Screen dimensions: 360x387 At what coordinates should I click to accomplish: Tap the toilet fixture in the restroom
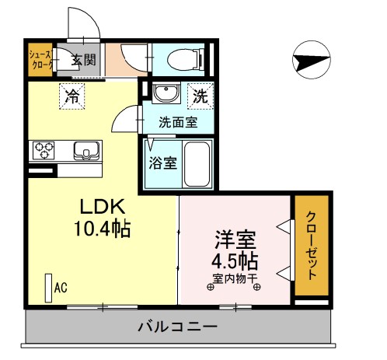184,59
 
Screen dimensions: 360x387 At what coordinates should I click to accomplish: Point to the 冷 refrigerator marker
72,97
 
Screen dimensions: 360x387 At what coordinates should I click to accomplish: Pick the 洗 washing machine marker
200,97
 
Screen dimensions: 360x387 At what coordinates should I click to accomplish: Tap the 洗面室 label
178,122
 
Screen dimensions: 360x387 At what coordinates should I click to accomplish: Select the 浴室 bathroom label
162,164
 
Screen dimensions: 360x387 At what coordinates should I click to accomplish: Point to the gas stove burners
42,149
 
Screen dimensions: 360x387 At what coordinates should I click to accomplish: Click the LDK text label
100,208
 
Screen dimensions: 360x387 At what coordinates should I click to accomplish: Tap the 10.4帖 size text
102,230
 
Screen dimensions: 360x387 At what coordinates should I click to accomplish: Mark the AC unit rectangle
47,288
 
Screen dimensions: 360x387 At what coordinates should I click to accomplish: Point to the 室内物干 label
233,279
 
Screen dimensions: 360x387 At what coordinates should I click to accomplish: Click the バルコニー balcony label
178,327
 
